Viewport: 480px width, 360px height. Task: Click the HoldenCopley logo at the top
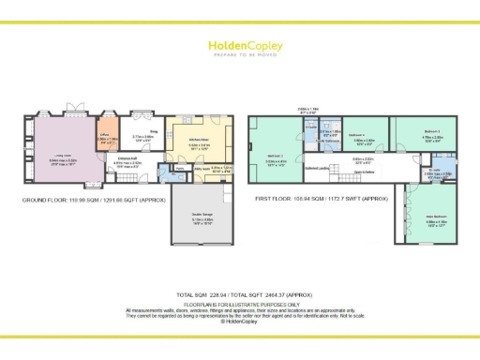[240, 47]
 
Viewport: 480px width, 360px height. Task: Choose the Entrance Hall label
[125, 161]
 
